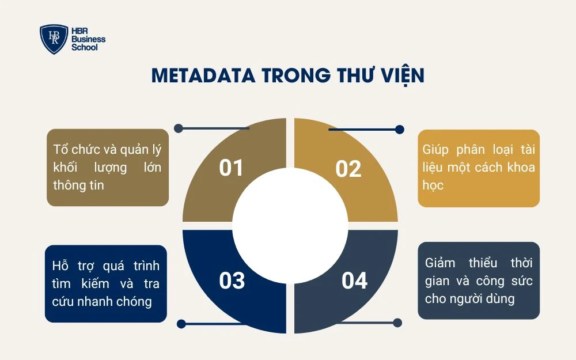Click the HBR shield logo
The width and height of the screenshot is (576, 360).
tap(54, 39)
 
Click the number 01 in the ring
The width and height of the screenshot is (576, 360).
tap(232, 168)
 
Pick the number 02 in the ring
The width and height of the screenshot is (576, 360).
tap(348, 169)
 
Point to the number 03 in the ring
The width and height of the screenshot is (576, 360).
tap(232, 281)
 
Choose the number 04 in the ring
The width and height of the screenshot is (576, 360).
tap(354, 281)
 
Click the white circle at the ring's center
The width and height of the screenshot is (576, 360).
tap(290, 225)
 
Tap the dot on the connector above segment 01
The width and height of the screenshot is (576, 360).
tap(179, 128)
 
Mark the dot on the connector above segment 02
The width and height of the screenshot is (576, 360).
tap(400, 130)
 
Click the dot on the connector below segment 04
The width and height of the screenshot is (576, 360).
tap(397, 323)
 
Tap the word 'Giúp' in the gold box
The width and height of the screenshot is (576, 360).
tap(436, 150)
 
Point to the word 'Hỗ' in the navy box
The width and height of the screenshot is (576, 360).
tap(60, 266)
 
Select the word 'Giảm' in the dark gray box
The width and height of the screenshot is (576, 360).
tap(440, 263)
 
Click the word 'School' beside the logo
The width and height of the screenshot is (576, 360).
tap(84, 47)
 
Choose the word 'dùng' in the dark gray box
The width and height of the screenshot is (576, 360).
tap(501, 299)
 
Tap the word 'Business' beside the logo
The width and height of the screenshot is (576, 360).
tap(88, 39)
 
